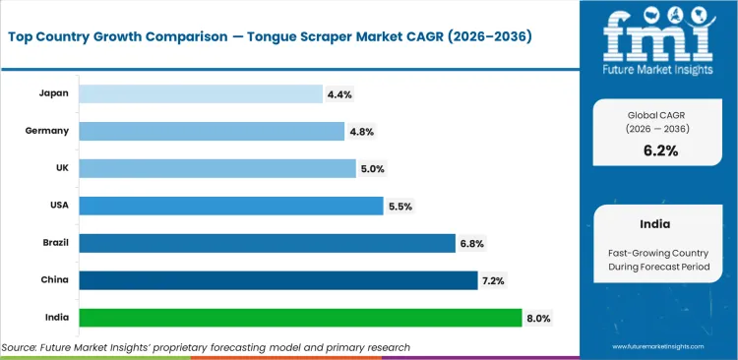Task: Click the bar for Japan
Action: [x=201, y=93]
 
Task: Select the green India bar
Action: [x=300, y=318]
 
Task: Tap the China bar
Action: [x=277, y=280]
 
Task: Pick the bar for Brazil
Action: [x=267, y=243]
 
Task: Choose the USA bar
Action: [x=230, y=206]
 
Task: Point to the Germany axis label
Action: [x=46, y=131]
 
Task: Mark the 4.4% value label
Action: [x=339, y=94]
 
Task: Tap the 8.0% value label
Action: [x=539, y=319]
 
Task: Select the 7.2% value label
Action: [x=495, y=281]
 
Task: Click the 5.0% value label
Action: [x=373, y=169]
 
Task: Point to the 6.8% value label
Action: [x=472, y=244]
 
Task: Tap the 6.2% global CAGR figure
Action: [x=660, y=150]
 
